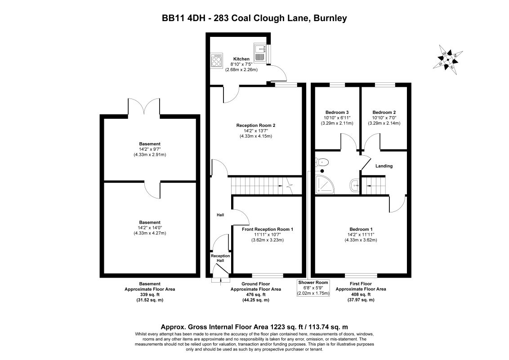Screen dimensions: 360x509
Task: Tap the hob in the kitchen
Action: pyautogui.click(x=216, y=61)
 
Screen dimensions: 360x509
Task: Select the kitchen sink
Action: pyautogui.click(x=260, y=53)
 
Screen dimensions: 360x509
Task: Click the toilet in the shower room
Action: pyautogui.click(x=323, y=162)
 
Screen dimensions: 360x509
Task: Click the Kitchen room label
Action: pyautogui.click(x=241, y=59)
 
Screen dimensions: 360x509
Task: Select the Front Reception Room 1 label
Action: pyautogui.click(x=267, y=229)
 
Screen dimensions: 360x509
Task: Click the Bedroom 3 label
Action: pyautogui.click(x=337, y=112)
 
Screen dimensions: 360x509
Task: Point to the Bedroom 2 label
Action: pyautogui.click(x=384, y=112)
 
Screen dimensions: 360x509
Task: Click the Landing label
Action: pyautogui.click(x=384, y=166)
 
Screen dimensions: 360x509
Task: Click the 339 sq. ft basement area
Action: pyautogui.click(x=149, y=294)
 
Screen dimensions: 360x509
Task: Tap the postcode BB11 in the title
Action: pyautogui.click(x=173, y=18)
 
